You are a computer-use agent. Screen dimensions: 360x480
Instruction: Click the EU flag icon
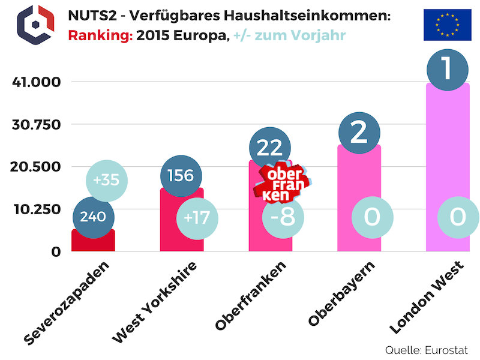447,25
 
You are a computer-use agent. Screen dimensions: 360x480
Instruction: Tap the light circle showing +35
106,181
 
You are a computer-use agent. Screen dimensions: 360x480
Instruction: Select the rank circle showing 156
181,175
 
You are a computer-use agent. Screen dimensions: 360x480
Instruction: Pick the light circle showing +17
196,217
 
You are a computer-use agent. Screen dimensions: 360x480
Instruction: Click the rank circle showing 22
269,148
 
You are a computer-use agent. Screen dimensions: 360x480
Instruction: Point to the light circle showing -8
283,216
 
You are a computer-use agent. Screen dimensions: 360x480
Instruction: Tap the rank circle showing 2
359,132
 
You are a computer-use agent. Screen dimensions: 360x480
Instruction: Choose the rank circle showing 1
448,69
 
